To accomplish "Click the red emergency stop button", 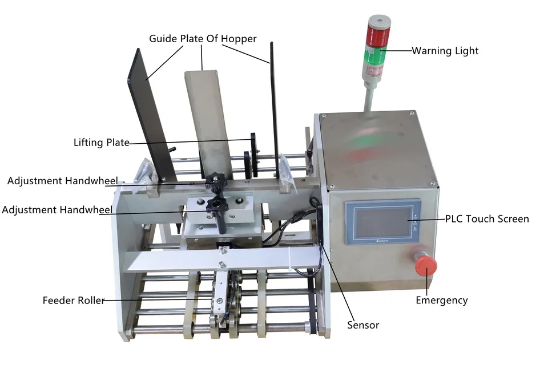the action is [x=426, y=265].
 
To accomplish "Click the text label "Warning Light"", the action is [x=445, y=51].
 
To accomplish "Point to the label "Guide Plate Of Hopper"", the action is [x=203, y=38].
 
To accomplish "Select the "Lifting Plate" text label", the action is [x=102, y=143].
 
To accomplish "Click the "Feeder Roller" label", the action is [x=74, y=301].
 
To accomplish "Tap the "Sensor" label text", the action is [x=363, y=325].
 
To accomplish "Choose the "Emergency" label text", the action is [x=442, y=301].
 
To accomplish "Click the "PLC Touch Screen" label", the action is [x=487, y=219].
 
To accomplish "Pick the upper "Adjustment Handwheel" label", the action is [x=63, y=181].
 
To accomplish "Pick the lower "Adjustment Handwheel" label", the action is [x=57, y=210].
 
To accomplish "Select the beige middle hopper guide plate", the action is [x=208, y=122].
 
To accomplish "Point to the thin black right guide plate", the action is [x=275, y=108].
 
